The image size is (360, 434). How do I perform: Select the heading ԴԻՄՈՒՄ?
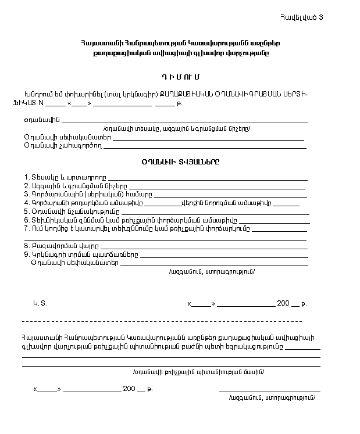180,77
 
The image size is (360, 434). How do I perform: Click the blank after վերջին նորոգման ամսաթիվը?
286,205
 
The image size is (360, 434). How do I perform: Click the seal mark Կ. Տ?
39,303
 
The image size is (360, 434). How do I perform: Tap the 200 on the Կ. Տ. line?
283,303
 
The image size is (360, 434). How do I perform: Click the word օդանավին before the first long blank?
39,120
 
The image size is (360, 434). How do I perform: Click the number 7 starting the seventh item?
26,228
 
